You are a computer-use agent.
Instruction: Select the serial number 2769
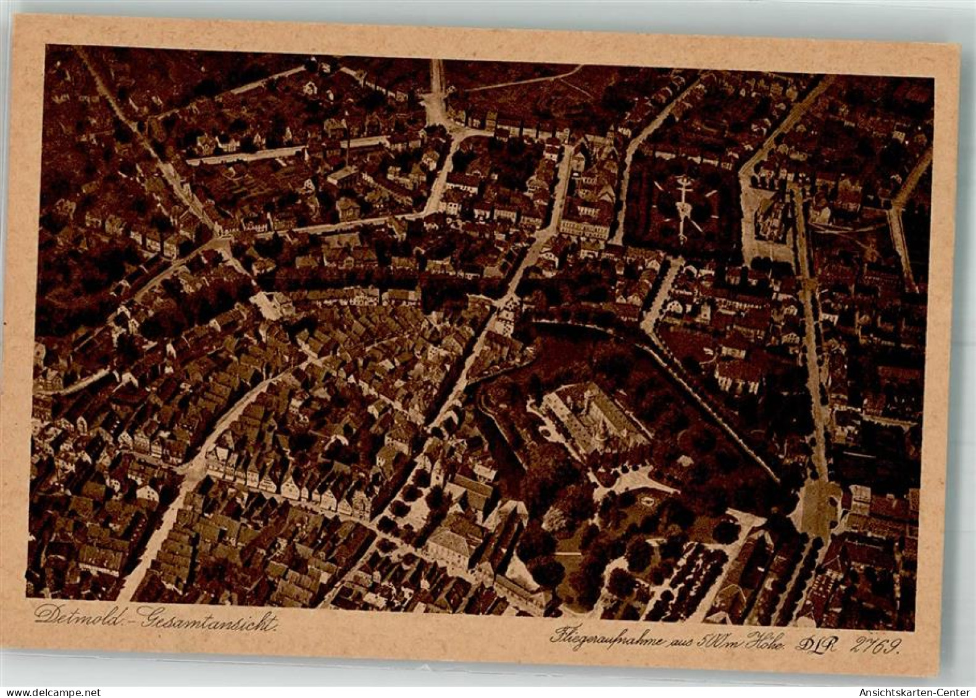point(876,646)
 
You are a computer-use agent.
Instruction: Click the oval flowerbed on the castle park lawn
point(646,497)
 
